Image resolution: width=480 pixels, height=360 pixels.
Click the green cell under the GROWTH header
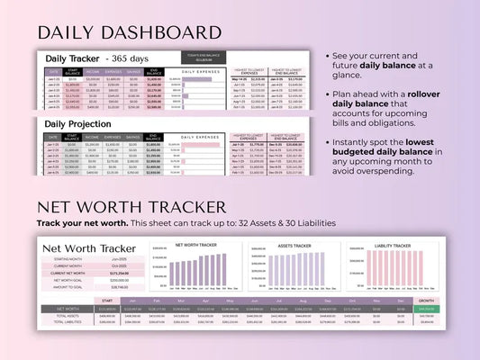427,309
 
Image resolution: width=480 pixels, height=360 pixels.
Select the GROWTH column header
427,301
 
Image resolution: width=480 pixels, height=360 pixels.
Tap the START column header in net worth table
106,301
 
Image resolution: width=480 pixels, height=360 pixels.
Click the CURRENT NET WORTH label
68,273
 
